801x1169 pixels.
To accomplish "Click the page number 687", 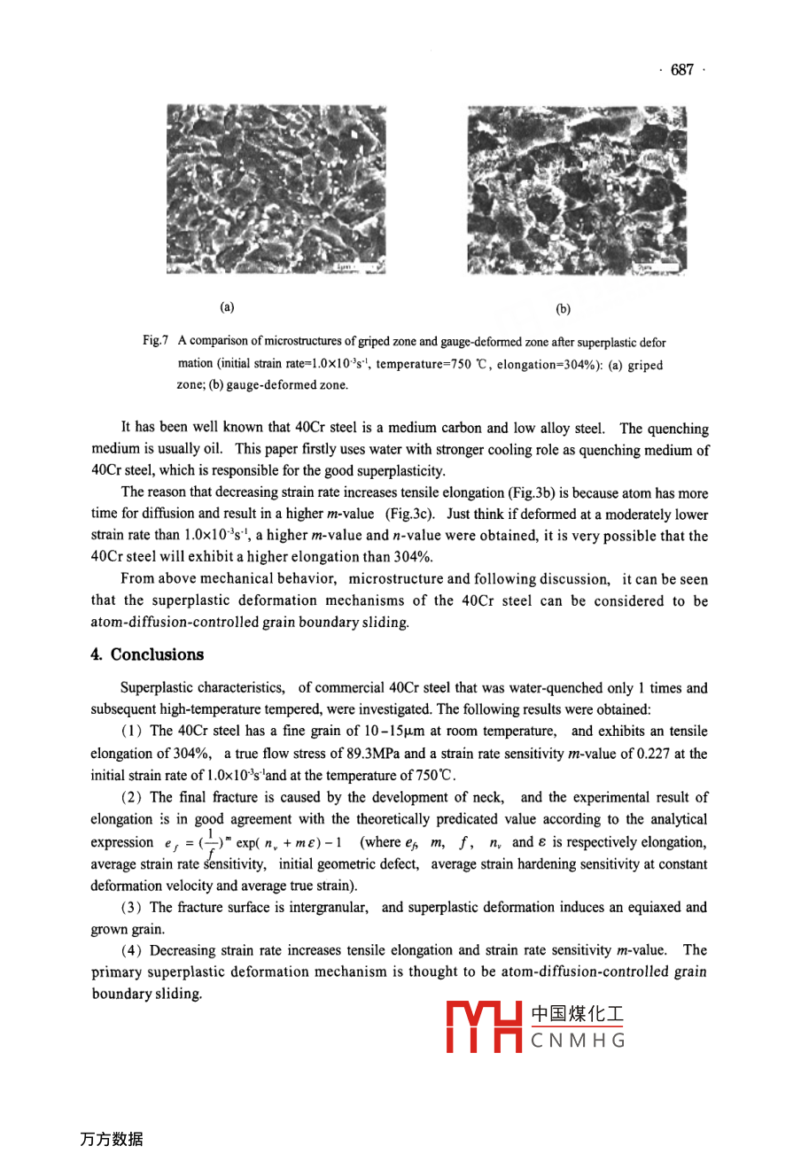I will pyautogui.click(x=682, y=70).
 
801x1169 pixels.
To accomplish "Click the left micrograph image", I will pyautogui.click(x=276, y=190).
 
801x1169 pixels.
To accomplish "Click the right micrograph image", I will pyautogui.click(x=577, y=190).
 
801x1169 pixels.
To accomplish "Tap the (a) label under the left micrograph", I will pyautogui.click(x=227, y=307).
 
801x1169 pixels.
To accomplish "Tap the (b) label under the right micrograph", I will pyautogui.click(x=563, y=309).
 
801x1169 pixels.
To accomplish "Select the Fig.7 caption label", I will pyautogui.click(x=155, y=341).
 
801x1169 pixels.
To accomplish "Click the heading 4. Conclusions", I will pyautogui.click(x=147, y=654).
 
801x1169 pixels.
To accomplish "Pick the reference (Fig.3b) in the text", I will pyautogui.click(x=539, y=492).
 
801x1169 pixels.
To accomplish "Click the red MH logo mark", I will pyautogui.click(x=484, y=1027).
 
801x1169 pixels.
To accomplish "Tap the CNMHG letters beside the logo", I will pyautogui.click(x=579, y=1041).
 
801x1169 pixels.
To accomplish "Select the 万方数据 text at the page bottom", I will pyautogui.click(x=111, y=1140).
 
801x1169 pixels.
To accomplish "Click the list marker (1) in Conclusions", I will pyautogui.click(x=133, y=732).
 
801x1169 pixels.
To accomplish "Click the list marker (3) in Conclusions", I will pyautogui.click(x=133, y=908).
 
